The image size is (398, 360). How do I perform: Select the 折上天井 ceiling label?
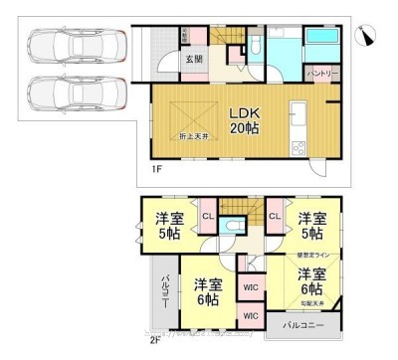(194, 135)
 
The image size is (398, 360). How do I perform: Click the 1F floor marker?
(157, 169)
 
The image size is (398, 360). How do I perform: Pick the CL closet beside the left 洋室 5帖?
(208, 216)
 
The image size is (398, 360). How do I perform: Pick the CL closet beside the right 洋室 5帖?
(274, 216)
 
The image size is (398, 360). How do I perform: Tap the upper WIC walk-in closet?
(250, 290)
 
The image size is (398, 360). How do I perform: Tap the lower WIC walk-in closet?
(250, 316)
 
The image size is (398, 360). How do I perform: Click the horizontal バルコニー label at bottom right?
(300, 325)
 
